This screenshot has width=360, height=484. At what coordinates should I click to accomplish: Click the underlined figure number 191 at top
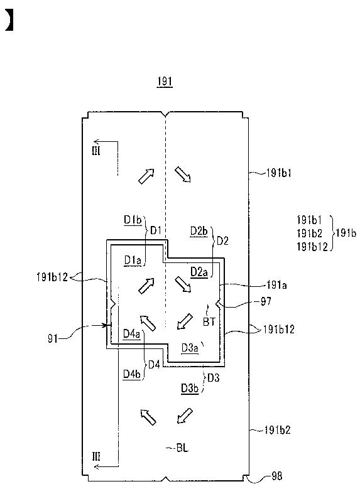tap(165, 82)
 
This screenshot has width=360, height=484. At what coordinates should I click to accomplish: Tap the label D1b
tap(133, 220)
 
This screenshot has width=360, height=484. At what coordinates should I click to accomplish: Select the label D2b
tap(199, 231)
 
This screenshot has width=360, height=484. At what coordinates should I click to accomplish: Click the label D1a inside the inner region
tap(133, 261)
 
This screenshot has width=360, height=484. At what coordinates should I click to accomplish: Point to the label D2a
tap(199, 272)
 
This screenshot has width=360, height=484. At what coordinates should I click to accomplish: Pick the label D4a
tap(131, 334)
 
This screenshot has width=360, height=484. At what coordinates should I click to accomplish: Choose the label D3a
tap(190, 348)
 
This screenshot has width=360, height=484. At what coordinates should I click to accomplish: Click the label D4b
tap(132, 374)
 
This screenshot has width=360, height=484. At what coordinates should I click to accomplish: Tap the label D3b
tap(190, 389)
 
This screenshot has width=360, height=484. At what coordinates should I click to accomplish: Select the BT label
tap(209, 322)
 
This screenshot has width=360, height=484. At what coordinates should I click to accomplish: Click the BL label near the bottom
tap(182, 448)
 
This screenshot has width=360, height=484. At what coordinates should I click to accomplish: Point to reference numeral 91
tap(53, 338)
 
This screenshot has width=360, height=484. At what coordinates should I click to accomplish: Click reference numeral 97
tap(266, 301)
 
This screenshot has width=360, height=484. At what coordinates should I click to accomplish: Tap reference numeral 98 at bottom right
tap(276, 476)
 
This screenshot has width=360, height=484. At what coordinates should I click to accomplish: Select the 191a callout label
tap(276, 285)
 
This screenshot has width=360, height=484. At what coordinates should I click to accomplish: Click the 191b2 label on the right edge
tap(278, 430)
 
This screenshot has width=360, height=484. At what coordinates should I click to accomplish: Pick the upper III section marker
tap(96, 151)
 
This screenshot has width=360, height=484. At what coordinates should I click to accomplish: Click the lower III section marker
tap(96, 456)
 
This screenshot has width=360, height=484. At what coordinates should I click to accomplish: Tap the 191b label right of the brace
tap(346, 233)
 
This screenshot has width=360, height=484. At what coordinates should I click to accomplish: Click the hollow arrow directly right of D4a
tap(148, 323)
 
